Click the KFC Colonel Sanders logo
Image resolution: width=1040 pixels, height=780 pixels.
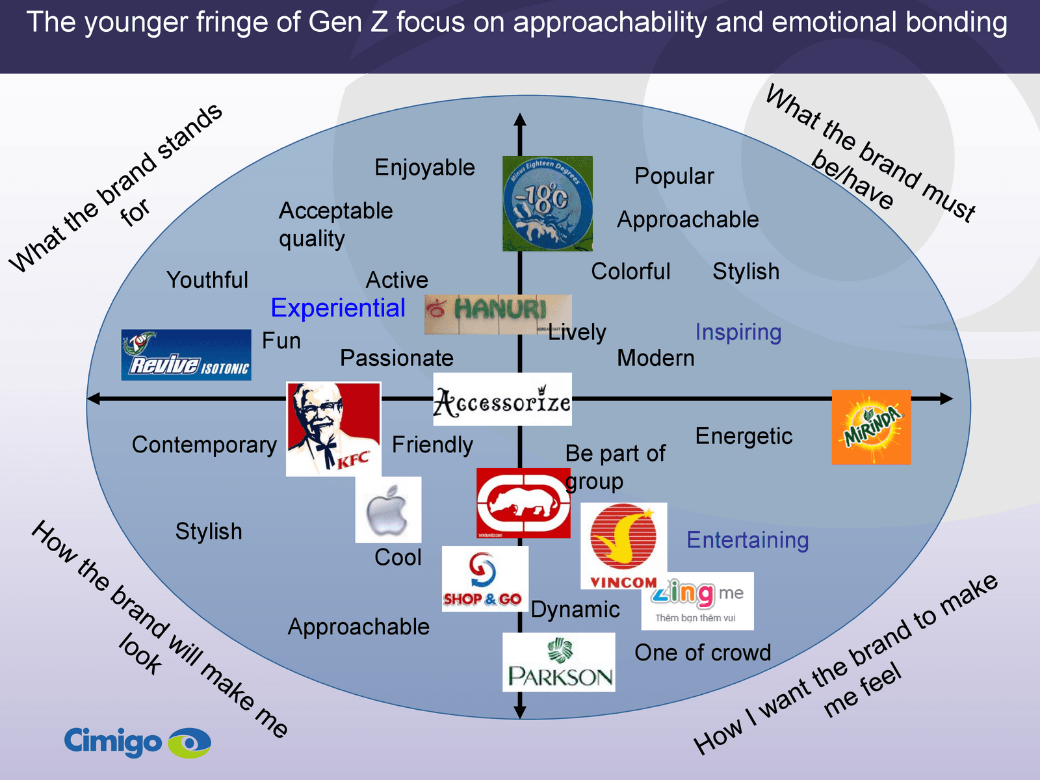333,429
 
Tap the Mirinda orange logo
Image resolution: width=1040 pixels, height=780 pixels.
871,427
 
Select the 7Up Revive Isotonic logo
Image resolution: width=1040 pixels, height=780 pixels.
186,355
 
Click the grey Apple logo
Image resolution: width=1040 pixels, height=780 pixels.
388,510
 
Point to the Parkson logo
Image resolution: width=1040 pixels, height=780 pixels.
559,662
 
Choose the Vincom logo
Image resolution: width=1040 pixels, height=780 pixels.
623,546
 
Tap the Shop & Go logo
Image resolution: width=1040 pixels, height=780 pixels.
484,578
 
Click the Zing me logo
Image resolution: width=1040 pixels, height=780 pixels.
697,601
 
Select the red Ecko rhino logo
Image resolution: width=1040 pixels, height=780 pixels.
523,502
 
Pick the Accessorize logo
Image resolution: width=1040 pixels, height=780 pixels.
502,399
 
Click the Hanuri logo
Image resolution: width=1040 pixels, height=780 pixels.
498,315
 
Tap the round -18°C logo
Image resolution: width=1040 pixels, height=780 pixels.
547,203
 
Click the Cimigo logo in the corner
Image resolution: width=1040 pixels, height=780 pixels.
137,742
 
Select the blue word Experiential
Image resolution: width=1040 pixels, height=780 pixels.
338,308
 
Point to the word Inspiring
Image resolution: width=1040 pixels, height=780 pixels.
738,332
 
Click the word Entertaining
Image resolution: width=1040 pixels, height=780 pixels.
747,540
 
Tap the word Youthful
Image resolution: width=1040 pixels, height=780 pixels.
207,280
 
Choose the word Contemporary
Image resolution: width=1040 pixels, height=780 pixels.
204,445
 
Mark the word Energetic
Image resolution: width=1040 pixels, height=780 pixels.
744,436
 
